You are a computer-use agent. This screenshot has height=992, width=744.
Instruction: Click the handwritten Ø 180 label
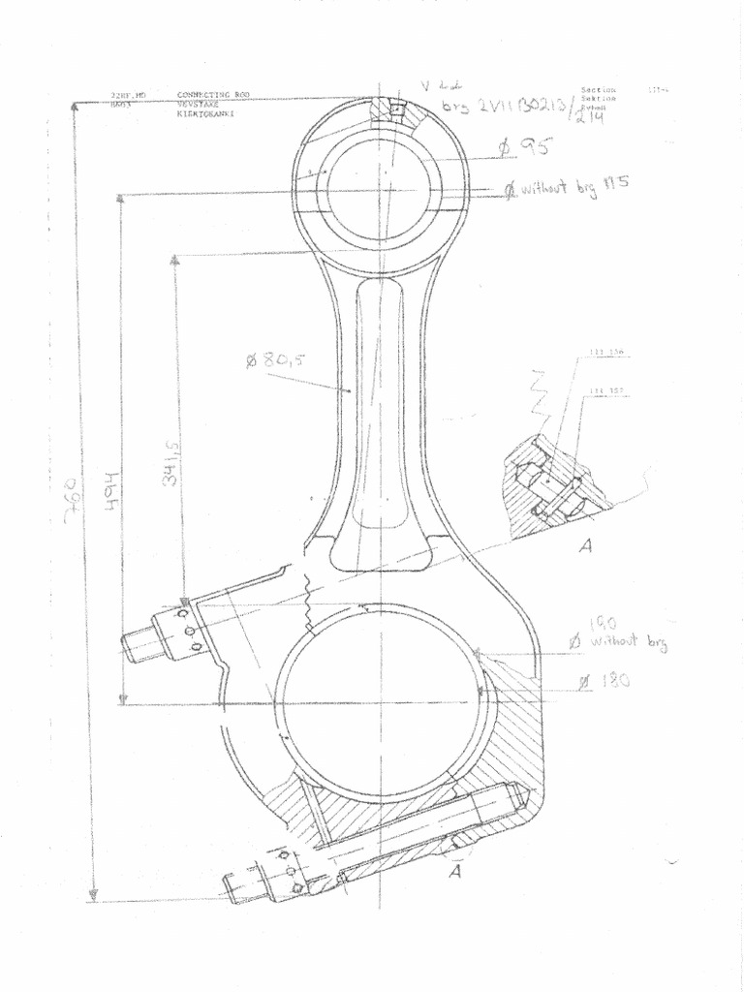point(604,681)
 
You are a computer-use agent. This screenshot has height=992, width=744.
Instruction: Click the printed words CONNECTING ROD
point(213,95)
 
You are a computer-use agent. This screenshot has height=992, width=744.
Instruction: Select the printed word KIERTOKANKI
point(205,114)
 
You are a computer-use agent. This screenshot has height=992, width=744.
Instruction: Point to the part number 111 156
point(606,352)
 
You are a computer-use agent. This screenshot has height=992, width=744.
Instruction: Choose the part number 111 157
point(606,391)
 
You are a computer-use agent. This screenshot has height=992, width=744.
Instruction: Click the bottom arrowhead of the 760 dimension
point(93,895)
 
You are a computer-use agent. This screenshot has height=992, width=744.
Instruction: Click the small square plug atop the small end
point(395,109)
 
